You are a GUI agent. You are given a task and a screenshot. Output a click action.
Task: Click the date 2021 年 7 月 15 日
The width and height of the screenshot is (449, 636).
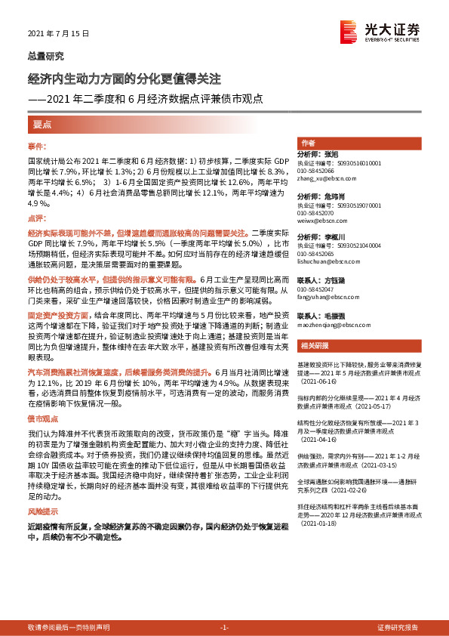pos(58,34)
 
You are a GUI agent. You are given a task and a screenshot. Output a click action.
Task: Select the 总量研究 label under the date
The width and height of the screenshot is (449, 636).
pos(46,55)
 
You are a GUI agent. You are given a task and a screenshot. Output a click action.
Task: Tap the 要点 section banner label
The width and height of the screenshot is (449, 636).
pos(42,123)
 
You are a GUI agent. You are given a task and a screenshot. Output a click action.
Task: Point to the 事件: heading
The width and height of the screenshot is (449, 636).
pos(37,145)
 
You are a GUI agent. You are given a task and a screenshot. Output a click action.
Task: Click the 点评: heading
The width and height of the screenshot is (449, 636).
pos(37,218)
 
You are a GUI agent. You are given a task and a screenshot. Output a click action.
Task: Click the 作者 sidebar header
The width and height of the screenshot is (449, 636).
pos(308,144)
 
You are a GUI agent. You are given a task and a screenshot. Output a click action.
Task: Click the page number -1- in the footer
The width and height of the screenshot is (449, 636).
pos(224,628)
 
